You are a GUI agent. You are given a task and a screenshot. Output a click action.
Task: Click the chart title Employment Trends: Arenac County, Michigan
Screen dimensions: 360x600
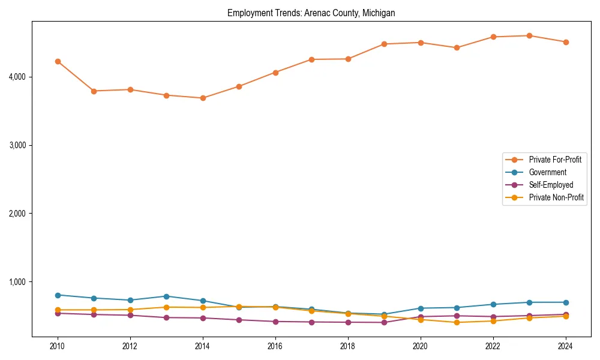[x=311, y=13]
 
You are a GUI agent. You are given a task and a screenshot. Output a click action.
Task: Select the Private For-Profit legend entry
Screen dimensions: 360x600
[x=551, y=160]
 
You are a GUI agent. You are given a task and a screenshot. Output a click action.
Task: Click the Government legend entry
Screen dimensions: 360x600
[x=547, y=172]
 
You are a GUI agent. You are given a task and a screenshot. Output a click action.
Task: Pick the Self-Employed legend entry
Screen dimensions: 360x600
[x=551, y=185]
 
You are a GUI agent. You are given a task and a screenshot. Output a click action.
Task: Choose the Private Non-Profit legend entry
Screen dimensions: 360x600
[x=556, y=197]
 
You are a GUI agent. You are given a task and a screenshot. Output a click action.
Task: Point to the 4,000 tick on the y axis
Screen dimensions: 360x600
[x=17, y=77]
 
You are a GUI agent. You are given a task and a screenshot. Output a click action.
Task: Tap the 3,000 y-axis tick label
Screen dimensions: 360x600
[x=17, y=145]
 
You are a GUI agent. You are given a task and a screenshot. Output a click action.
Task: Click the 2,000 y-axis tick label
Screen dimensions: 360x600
[x=17, y=214]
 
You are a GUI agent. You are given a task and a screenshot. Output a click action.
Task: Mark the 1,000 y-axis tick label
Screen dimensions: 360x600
[x=17, y=282]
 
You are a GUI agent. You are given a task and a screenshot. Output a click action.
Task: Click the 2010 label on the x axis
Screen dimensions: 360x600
[x=58, y=346]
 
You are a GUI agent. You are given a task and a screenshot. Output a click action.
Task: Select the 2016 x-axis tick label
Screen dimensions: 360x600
[x=275, y=346]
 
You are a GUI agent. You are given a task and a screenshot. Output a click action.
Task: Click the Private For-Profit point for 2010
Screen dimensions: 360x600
[x=58, y=61]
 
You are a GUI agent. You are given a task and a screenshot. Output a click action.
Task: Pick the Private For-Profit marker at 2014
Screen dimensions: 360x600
[x=203, y=98]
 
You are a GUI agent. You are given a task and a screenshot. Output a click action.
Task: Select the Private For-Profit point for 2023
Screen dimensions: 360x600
[x=529, y=35]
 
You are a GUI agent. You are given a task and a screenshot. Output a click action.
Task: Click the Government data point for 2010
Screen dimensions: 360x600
[x=58, y=295]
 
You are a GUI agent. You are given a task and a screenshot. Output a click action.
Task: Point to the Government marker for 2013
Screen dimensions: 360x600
[x=166, y=296]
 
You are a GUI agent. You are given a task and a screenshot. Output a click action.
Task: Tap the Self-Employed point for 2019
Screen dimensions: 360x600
[x=384, y=323]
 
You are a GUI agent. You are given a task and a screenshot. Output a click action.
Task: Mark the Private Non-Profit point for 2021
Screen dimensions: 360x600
[x=457, y=323]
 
